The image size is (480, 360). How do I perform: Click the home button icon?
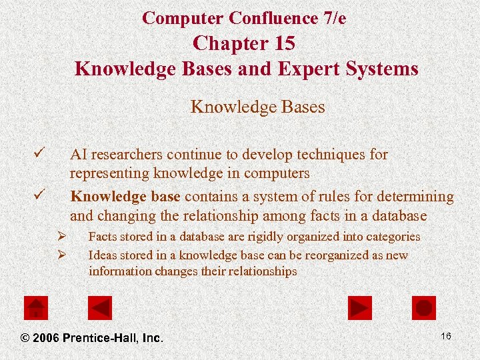(36, 308)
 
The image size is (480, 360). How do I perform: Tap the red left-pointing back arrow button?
(100, 308)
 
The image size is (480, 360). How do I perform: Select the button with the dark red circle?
(424, 308)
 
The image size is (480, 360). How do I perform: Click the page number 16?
(446, 336)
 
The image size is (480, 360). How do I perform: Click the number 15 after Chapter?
(283, 43)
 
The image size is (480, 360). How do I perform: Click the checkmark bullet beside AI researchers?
(39, 154)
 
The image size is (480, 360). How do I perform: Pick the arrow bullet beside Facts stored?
(61, 236)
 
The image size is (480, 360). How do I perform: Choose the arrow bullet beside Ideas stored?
(61, 255)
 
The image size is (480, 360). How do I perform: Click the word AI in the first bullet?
(78, 155)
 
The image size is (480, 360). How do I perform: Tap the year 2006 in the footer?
(47, 338)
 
